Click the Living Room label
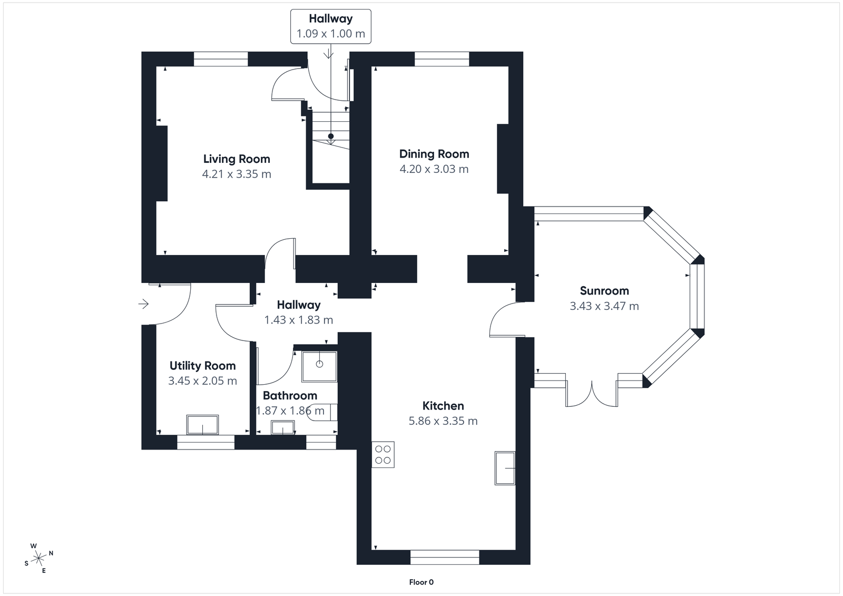pyautogui.click(x=237, y=159)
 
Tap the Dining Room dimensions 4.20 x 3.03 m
pyautogui.click(x=434, y=169)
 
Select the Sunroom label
pyautogui.click(x=604, y=290)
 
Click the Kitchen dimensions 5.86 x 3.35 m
pyautogui.click(x=443, y=421)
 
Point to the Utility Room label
pyautogui.click(x=202, y=366)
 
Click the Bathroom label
pyautogui.click(x=290, y=396)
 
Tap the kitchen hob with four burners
pyautogui.click(x=383, y=454)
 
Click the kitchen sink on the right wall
pyautogui.click(x=505, y=468)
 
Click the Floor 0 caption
pyautogui.click(x=421, y=582)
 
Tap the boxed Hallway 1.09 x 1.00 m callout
pyautogui.click(x=330, y=26)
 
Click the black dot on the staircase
pyautogui.click(x=331, y=136)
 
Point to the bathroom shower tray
pyautogui.click(x=319, y=366)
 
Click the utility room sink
pyautogui.click(x=203, y=425)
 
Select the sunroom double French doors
pyautogui.click(x=592, y=393)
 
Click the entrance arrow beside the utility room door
pyautogui.click(x=143, y=304)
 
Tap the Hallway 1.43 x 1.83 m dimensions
pyautogui.click(x=298, y=320)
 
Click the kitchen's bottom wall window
pyautogui.click(x=445, y=557)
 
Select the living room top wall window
pyautogui.click(x=221, y=59)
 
